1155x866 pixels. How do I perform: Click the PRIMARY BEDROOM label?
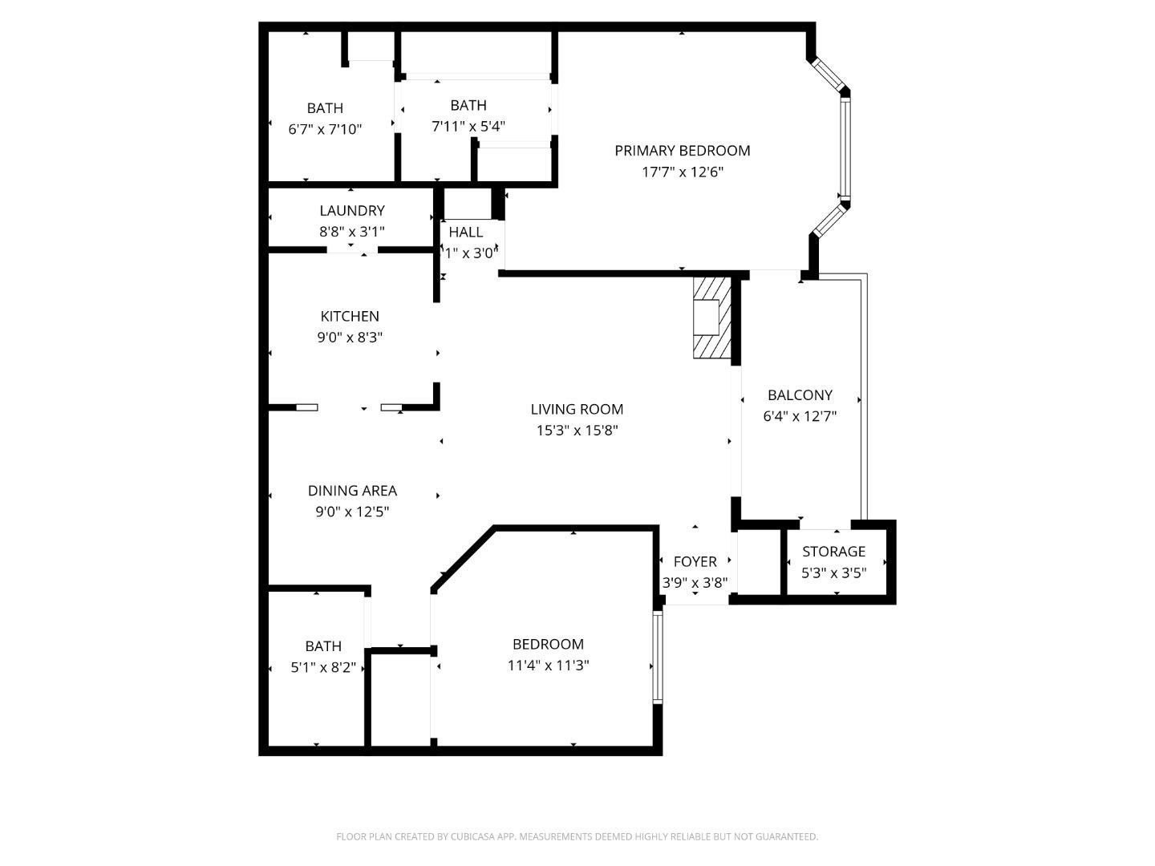682,151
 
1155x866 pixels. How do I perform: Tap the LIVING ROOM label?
577,409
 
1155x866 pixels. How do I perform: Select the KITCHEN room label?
350,316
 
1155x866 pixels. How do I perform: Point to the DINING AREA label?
352,491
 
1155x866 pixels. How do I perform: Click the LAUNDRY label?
352,210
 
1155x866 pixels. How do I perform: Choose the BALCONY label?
800,395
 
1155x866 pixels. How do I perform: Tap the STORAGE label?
833,552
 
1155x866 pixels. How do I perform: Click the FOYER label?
695,561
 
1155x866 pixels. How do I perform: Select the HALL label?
466,232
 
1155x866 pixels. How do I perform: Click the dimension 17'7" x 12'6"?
683,172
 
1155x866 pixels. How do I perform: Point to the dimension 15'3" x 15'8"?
577,431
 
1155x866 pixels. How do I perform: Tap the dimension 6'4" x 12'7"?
800,416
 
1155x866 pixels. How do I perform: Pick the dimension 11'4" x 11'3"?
548,666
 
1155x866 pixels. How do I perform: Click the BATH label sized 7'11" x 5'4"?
468,105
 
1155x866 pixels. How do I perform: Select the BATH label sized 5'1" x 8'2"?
323,646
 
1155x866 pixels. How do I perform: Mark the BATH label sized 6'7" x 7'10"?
325,107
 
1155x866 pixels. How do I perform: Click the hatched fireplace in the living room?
712,318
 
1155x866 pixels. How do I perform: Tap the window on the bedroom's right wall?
657,657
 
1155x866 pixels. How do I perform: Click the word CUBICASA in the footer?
472,836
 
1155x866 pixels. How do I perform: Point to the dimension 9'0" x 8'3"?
350,338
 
